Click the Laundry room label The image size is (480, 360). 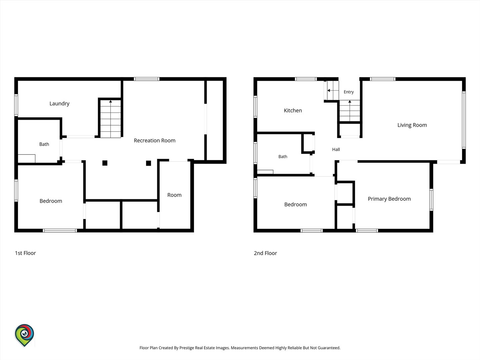click(59, 104)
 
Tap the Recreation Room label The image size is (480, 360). click(155, 141)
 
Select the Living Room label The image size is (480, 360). click(412, 125)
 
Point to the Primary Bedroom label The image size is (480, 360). click(389, 199)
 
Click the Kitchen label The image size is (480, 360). click(293, 111)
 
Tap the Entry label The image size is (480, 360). click(349, 92)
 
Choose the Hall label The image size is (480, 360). click(336, 150)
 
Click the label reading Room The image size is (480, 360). click(174, 195)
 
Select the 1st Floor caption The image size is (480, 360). click(25, 253)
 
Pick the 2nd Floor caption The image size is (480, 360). click(265, 253)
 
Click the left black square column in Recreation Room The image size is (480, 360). click(105, 163)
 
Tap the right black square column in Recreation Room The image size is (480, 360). click(148, 163)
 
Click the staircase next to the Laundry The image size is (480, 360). click(110, 119)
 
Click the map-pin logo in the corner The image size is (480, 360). click(24, 335)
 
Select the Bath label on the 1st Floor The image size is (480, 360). click(44, 144)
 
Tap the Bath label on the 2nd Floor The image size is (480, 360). click(283, 157)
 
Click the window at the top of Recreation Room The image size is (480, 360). click(147, 79)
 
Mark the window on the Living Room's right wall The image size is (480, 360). click(464, 120)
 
